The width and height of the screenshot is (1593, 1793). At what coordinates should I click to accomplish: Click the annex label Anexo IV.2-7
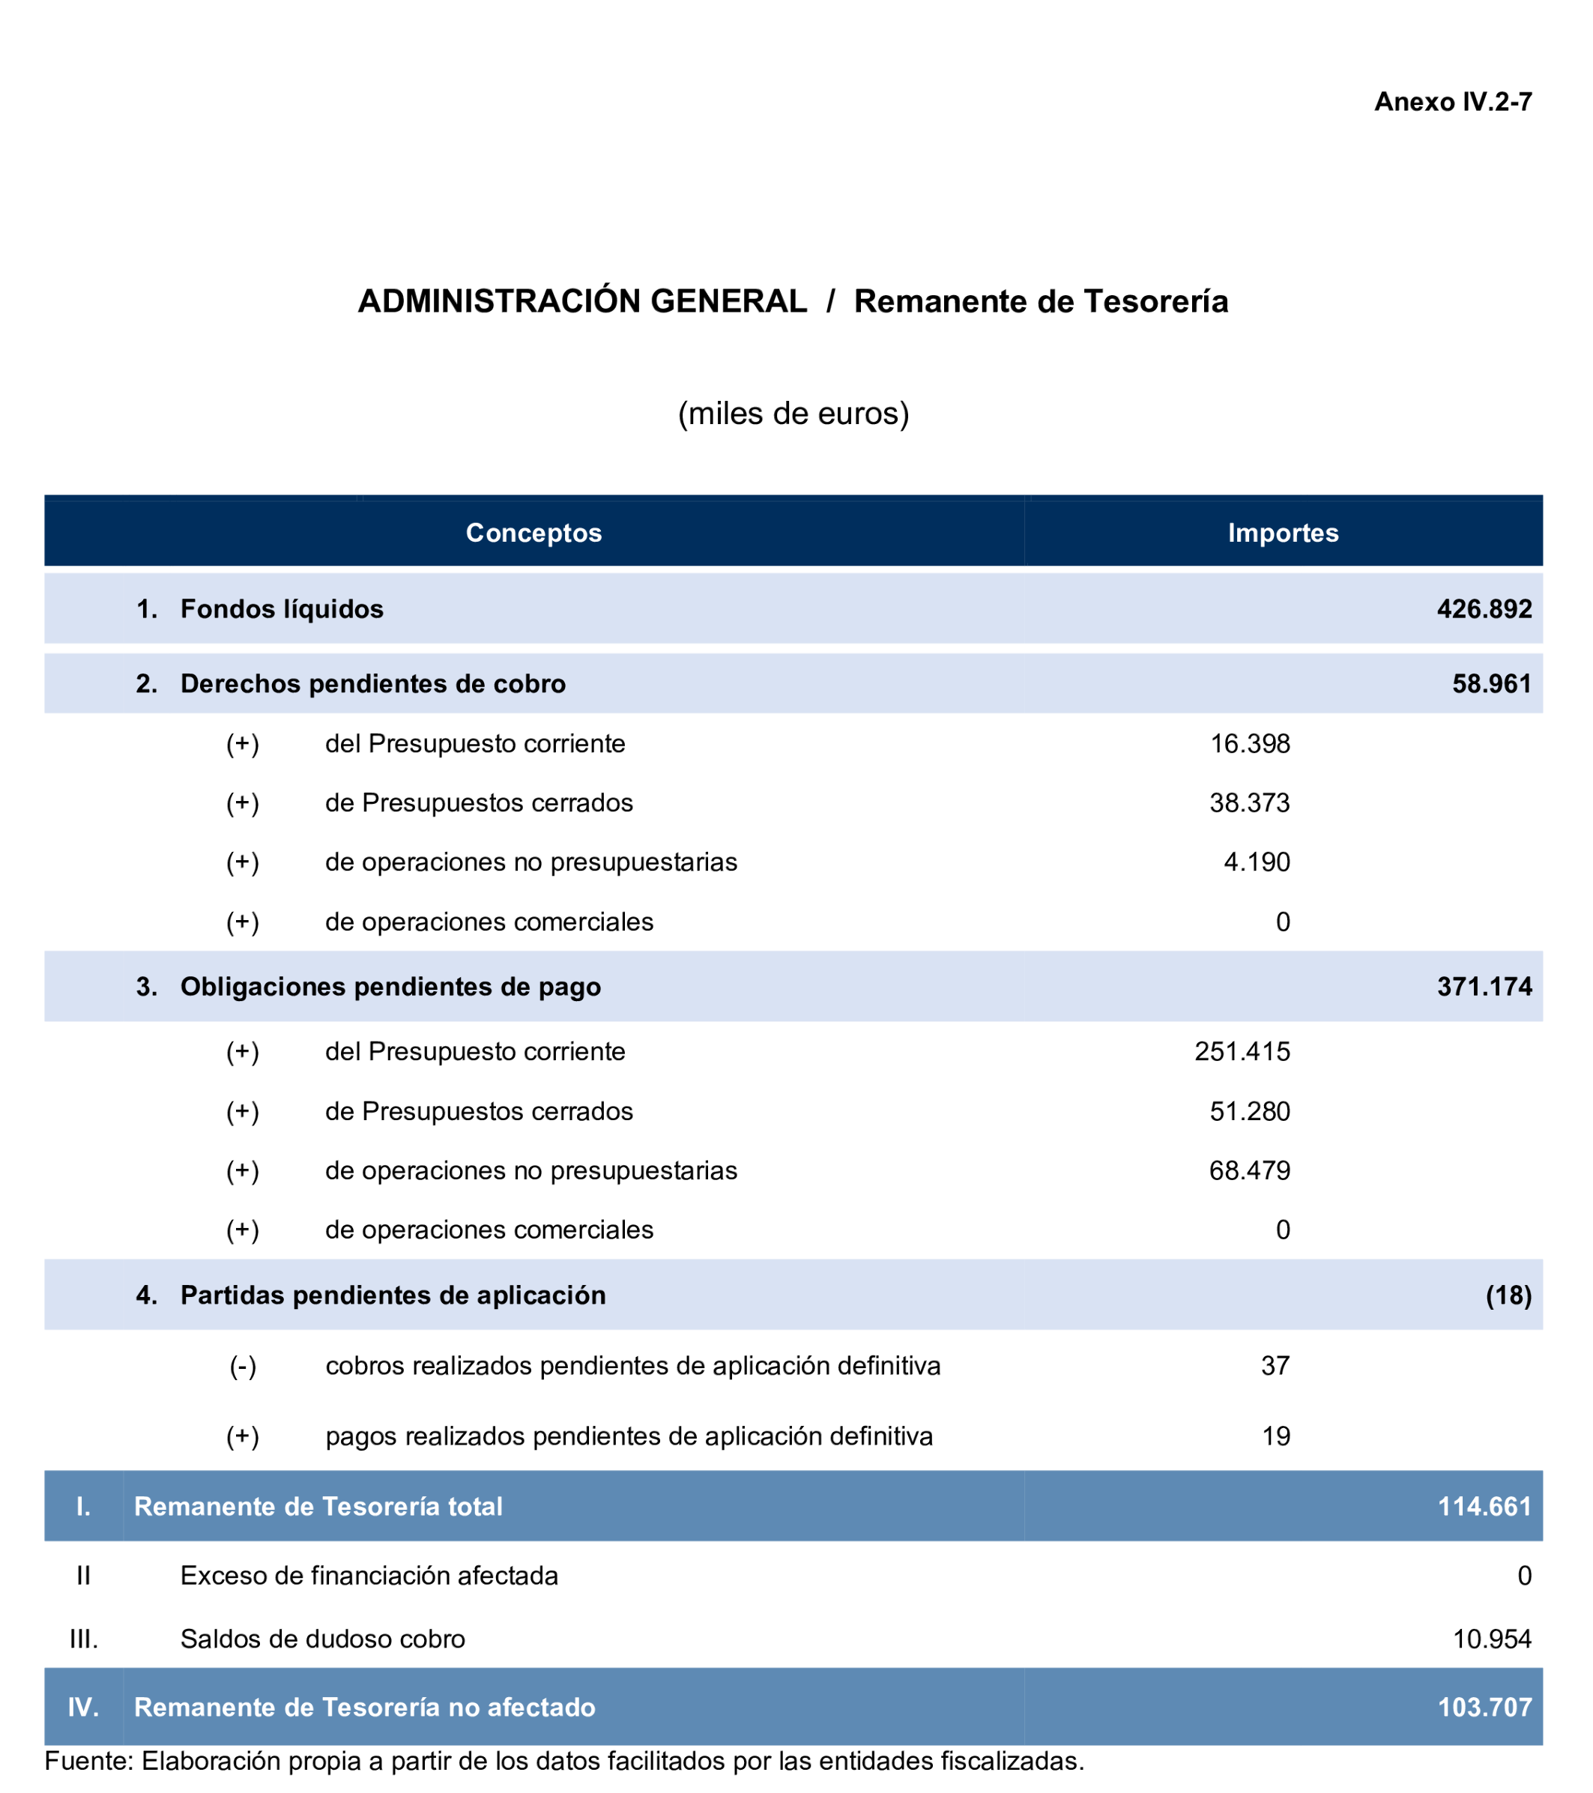[1452, 103]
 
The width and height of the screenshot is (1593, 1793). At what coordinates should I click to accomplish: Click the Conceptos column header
[533, 533]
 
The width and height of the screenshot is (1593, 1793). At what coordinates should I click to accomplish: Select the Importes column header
[1283, 533]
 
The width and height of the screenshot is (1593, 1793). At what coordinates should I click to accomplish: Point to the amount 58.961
[1491, 683]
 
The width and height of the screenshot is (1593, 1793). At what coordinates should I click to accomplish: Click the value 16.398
[1249, 744]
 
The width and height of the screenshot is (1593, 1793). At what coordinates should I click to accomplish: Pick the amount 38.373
[1249, 802]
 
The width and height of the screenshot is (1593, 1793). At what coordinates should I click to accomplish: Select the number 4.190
[1256, 862]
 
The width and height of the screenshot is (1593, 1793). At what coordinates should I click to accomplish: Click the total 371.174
[1484, 987]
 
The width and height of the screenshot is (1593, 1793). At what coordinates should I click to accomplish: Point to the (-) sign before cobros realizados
[243, 1366]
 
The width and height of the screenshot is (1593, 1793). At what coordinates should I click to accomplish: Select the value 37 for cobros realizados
[1275, 1366]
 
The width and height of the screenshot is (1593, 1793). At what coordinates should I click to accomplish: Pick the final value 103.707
[1484, 1707]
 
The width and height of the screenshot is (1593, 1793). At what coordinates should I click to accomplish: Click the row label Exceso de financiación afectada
[369, 1576]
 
